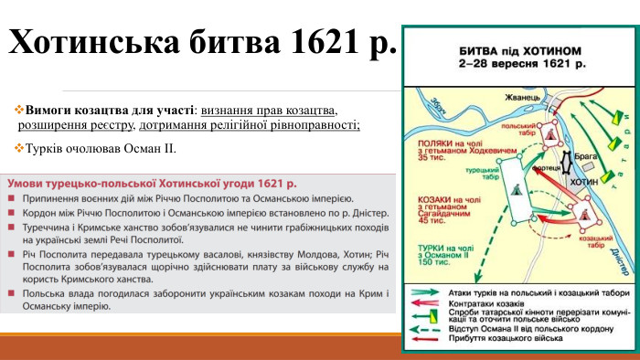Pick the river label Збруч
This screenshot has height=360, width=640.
click(442, 107)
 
